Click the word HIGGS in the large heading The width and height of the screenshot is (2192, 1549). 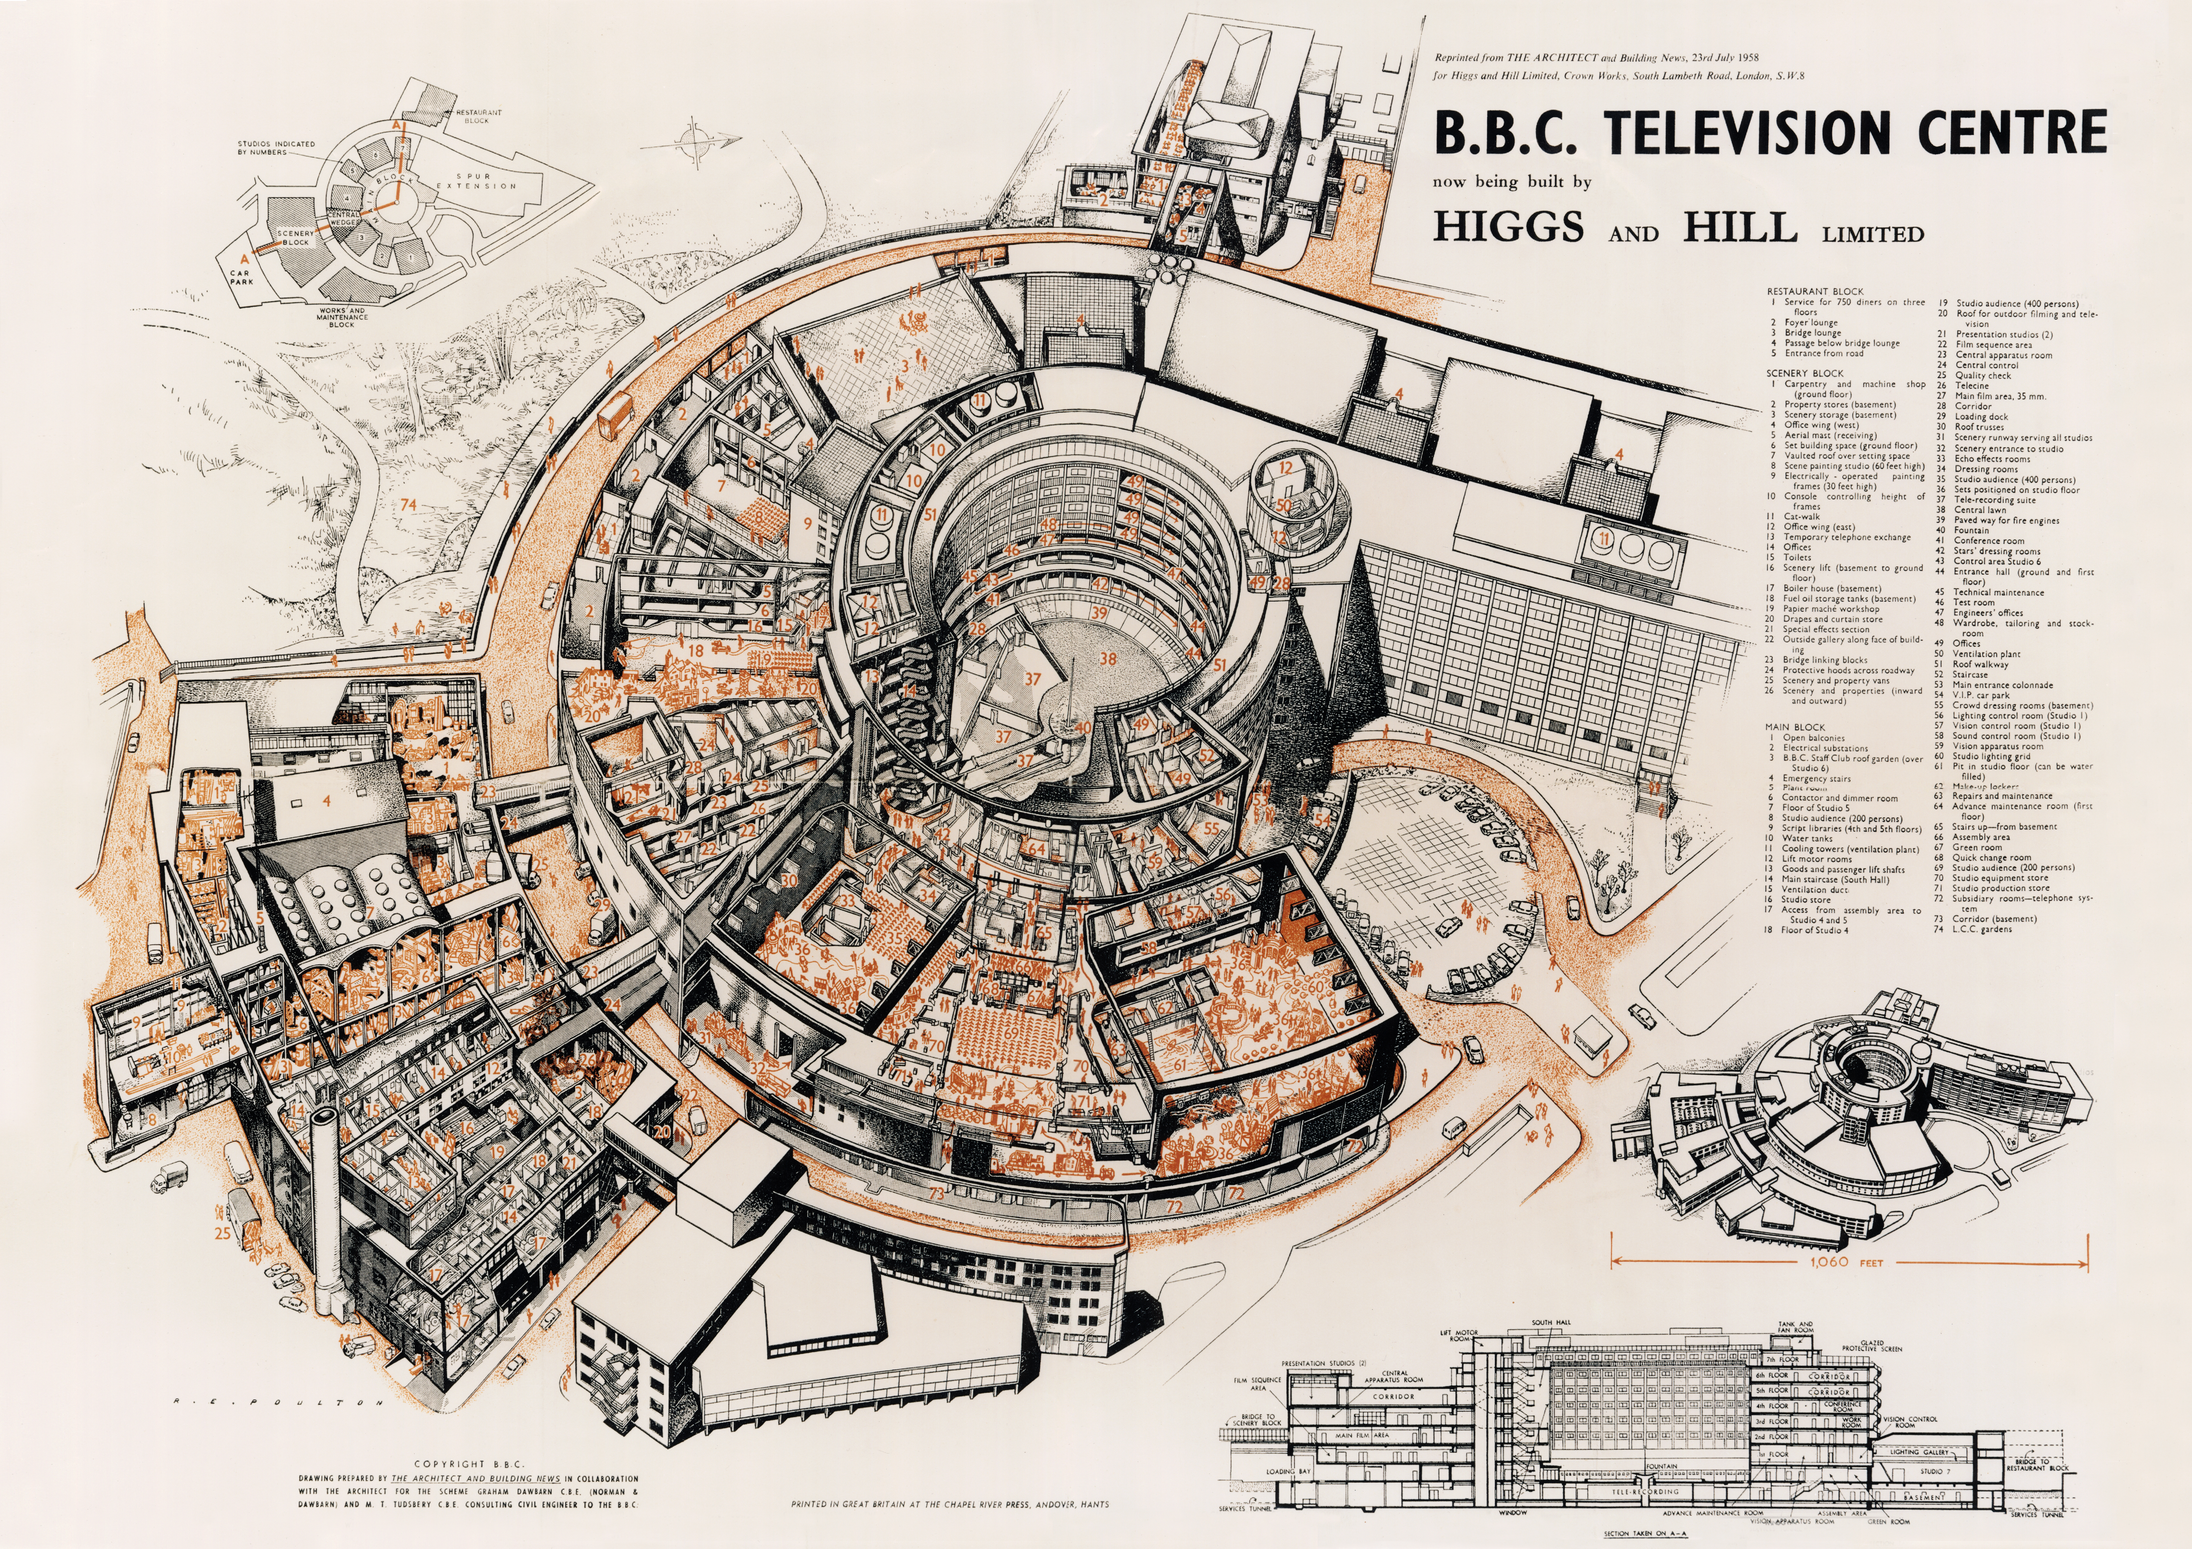[1508, 227]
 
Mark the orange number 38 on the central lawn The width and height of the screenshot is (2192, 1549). [1108, 659]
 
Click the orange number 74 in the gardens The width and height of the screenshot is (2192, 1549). [409, 504]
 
